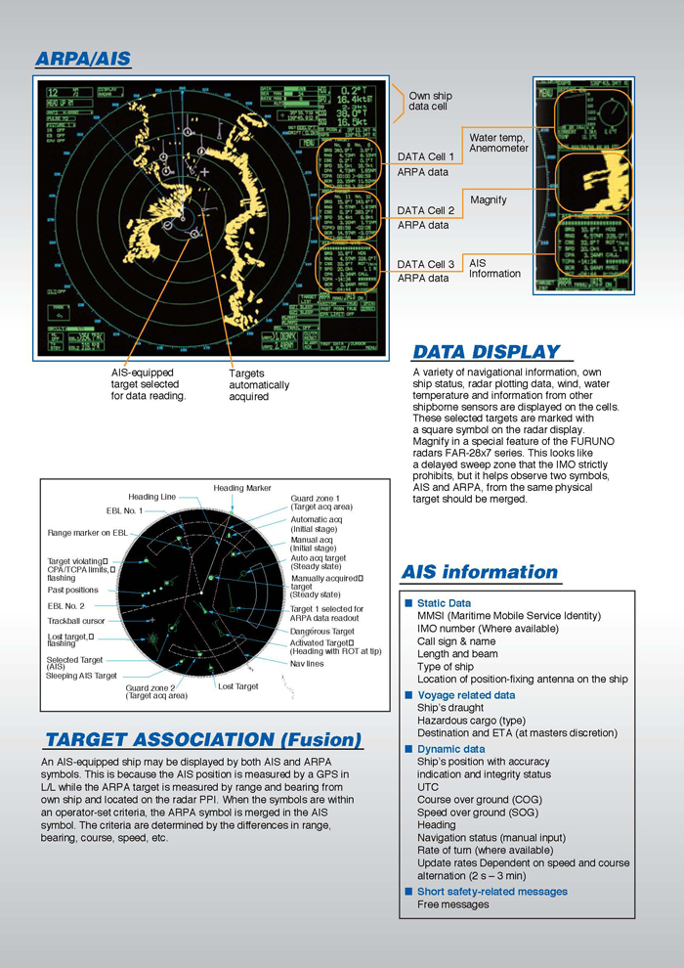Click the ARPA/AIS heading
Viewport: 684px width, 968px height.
(83, 60)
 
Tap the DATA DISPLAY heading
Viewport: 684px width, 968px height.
(487, 352)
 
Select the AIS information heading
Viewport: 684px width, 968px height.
(480, 572)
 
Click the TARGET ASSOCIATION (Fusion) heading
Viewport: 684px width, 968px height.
(203, 739)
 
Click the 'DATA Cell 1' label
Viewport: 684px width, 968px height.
(425, 156)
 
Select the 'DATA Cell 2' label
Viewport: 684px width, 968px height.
(425, 210)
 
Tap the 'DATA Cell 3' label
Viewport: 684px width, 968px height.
(425, 264)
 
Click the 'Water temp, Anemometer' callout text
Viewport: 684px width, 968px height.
(498, 143)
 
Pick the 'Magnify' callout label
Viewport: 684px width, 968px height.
(489, 199)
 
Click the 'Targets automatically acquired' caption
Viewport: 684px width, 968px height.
(259, 385)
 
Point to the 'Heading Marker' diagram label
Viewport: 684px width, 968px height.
(242, 488)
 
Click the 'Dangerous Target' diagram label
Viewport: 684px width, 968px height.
(321, 632)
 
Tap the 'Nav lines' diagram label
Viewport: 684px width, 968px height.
(307, 663)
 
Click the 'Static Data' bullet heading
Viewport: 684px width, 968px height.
(444, 603)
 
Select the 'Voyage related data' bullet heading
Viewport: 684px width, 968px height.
(466, 695)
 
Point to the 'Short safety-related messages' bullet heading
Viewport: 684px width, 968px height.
(492, 891)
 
